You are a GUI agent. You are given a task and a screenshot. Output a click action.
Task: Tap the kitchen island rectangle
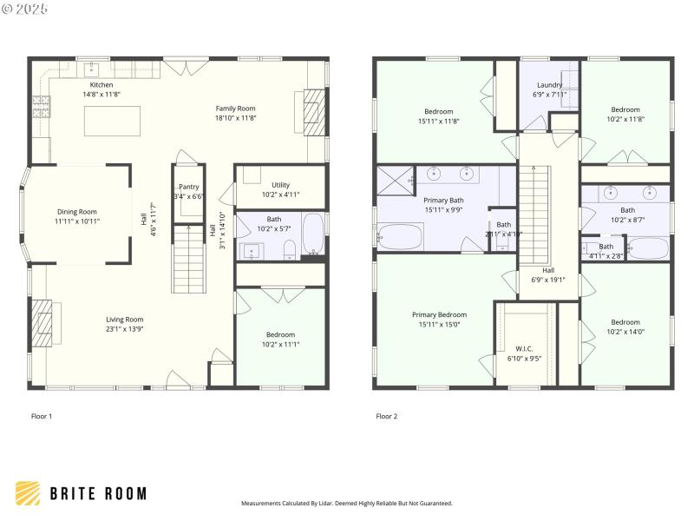pos(112,122)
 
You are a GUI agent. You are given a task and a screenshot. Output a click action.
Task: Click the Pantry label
pos(188,187)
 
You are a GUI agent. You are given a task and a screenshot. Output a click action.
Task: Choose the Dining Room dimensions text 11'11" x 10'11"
pos(77,221)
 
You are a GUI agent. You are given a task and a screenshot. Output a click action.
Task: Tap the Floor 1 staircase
pos(187,258)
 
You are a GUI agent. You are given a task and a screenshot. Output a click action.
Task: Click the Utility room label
pos(280,185)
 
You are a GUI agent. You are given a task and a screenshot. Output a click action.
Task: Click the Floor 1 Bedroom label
pos(280,334)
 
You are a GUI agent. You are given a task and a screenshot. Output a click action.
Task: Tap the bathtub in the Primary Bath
pos(401,236)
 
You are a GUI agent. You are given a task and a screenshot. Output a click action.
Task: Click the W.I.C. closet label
pos(524,349)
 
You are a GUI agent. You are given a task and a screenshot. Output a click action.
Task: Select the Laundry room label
pos(549,85)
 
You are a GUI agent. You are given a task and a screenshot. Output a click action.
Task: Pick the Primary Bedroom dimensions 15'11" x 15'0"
pos(439,325)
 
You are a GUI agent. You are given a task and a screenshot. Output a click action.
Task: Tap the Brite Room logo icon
pos(28,493)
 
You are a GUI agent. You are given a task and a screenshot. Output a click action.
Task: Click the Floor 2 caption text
pos(386,417)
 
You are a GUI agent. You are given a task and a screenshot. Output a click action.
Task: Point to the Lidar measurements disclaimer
pos(346,503)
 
